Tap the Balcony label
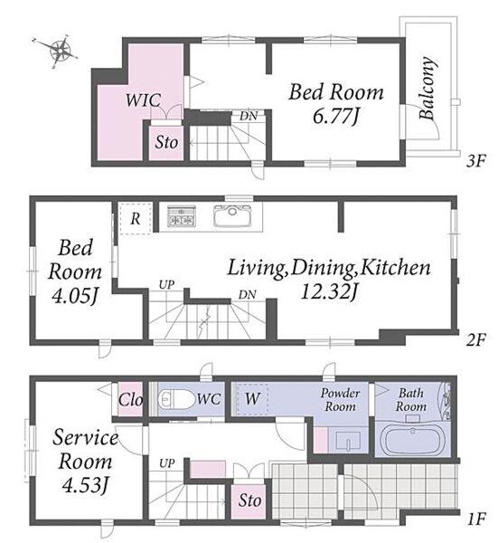pyautogui.click(x=427, y=88)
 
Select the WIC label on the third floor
pyautogui.click(x=143, y=100)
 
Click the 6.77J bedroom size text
pyautogui.click(x=336, y=116)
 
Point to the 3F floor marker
pyautogui.click(x=476, y=161)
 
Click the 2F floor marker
pyautogui.click(x=476, y=339)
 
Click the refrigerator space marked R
pyautogui.click(x=136, y=218)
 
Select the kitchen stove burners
pyautogui.click(x=182, y=216)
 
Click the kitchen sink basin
pyautogui.click(x=232, y=215)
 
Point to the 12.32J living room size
pyautogui.click(x=329, y=291)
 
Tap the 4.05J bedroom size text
pyautogui.click(x=75, y=296)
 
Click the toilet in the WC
pyautogui.click(x=176, y=400)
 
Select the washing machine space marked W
pyautogui.click(x=252, y=398)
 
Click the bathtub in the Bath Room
pyautogui.click(x=412, y=438)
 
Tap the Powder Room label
pyautogui.click(x=341, y=399)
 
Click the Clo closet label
pyautogui.click(x=130, y=400)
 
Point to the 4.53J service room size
pyautogui.click(x=85, y=485)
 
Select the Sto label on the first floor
pyautogui.click(x=249, y=500)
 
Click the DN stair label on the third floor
pyautogui.click(x=249, y=116)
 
